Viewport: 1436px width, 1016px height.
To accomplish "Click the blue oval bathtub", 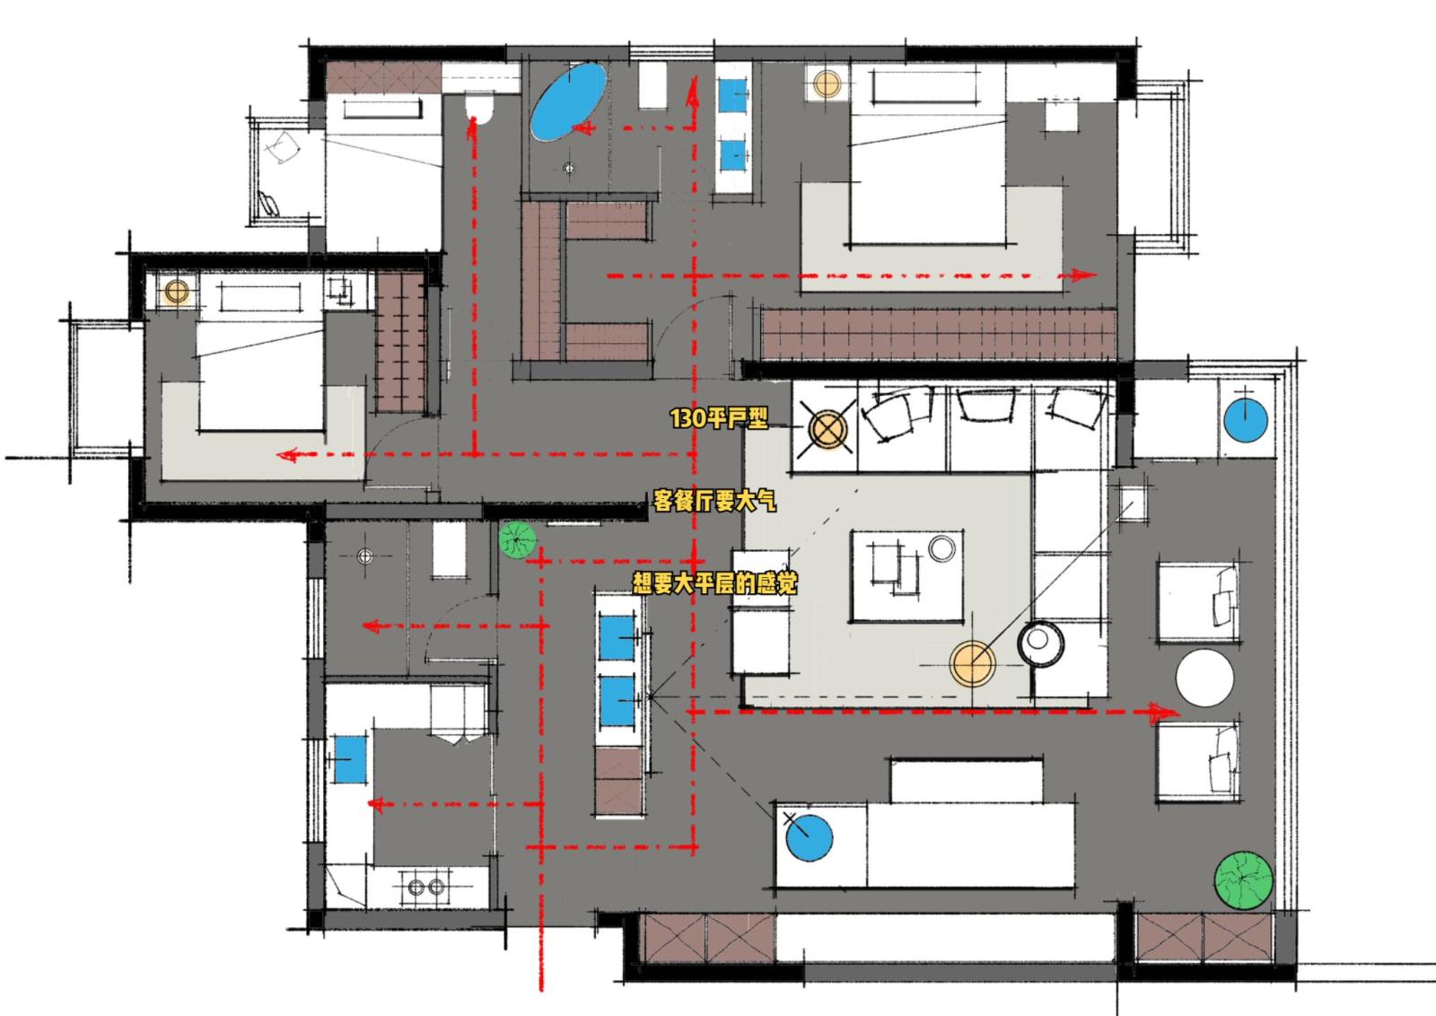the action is [568, 101].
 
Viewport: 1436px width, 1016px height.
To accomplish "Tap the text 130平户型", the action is [719, 418].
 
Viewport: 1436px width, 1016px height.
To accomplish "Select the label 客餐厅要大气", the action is [714, 501].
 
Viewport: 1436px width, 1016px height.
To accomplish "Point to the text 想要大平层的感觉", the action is [714, 583].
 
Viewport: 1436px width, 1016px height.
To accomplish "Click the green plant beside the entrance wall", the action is [517, 539].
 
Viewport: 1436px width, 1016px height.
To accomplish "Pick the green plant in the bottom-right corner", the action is [1244, 880].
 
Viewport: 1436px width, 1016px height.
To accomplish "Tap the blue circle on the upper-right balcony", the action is [1246, 421].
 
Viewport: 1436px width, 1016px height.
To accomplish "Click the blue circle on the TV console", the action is [809, 837].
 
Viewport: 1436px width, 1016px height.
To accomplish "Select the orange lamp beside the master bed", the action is [827, 84].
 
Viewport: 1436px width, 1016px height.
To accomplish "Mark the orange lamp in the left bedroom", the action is [176, 292].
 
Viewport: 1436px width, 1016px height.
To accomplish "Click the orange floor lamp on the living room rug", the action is [973, 664].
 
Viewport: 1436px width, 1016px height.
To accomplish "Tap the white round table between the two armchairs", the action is [1204, 679].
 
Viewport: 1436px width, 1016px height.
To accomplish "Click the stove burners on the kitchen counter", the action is [426, 887].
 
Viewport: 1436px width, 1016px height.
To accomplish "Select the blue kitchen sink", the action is [350, 759].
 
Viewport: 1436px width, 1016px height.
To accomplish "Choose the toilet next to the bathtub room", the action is [478, 107].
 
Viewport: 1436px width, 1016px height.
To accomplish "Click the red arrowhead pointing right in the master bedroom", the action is [1082, 275].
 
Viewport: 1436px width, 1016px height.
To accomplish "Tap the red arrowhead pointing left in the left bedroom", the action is [288, 455].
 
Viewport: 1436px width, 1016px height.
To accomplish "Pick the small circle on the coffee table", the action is [941, 548].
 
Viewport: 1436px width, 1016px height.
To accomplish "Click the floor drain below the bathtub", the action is [569, 169].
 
